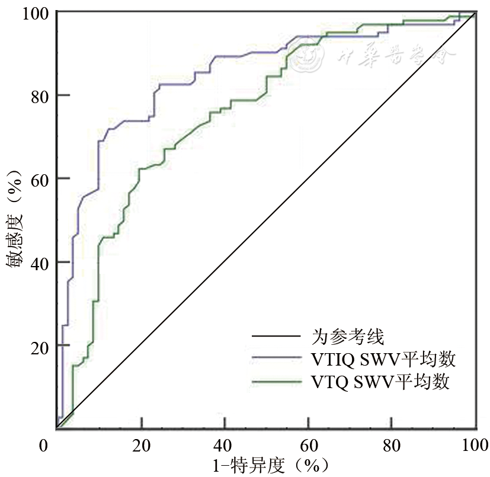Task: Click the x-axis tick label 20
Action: point(141,445)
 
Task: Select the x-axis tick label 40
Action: point(225,445)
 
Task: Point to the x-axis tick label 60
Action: point(308,445)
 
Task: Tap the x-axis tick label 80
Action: point(392,445)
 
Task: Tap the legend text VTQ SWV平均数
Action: point(380,381)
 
